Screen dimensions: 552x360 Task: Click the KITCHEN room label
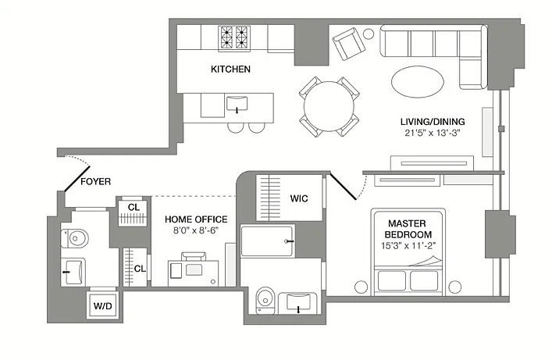tap(230, 69)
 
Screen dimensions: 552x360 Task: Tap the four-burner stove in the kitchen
tap(234, 37)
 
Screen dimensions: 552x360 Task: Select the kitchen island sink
tap(237, 104)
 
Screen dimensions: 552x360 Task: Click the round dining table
tap(329, 106)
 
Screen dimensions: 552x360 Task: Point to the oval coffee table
tap(418, 82)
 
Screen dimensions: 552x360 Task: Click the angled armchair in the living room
tap(348, 44)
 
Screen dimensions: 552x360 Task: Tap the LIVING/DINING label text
tap(433, 122)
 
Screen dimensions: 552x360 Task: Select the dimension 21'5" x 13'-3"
tap(433, 133)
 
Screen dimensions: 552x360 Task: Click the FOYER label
tap(96, 182)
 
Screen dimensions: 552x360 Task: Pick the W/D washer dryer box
tap(103, 305)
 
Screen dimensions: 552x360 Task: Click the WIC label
tap(299, 198)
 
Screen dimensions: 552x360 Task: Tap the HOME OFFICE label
tap(196, 219)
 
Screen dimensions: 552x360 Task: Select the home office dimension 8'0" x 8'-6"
tap(196, 230)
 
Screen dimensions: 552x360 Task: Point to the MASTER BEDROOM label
tap(408, 229)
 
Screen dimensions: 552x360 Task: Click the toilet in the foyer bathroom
tap(75, 238)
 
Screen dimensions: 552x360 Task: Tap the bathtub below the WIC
tap(267, 241)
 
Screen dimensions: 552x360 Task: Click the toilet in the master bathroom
tap(265, 300)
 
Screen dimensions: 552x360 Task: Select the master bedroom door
tap(343, 186)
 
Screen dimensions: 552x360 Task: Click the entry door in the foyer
tap(77, 179)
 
